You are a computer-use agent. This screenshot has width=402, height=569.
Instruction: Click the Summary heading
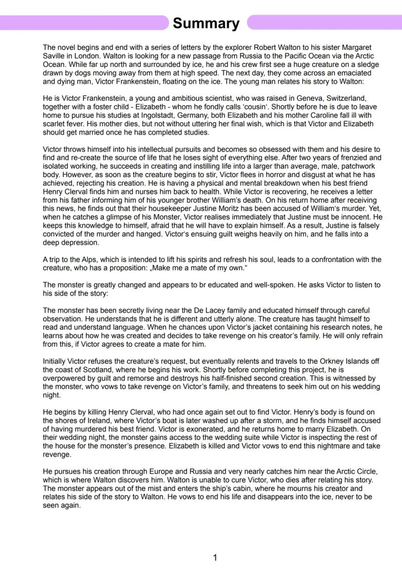(x=206, y=23)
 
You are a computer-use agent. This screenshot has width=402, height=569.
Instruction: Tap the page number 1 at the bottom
(x=215, y=557)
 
